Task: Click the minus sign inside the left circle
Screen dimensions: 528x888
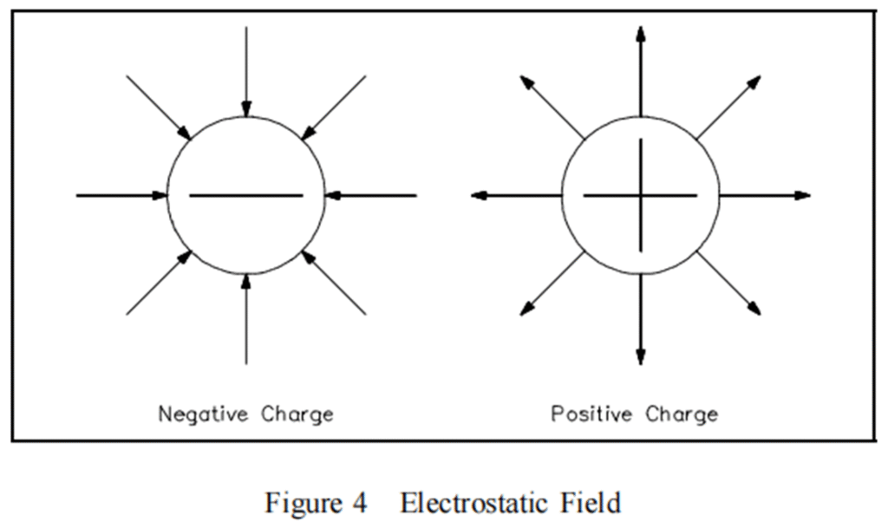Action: (245, 196)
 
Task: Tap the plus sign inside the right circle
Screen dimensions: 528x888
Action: (640, 195)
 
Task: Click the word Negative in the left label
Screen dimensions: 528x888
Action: (200, 414)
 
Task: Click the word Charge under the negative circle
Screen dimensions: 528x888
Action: (297, 414)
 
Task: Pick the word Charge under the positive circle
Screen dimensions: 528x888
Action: (682, 414)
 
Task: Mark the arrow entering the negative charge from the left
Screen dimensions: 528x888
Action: (121, 196)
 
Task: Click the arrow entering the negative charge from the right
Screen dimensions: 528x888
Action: (371, 196)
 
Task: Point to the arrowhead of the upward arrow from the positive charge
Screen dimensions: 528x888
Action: (640, 34)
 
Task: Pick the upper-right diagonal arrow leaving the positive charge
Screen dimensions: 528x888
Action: (728, 108)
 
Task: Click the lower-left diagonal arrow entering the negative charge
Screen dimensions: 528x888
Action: (159, 283)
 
